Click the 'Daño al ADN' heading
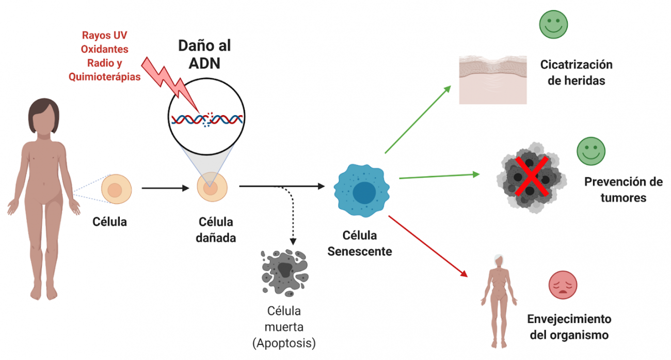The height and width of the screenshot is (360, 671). tap(204, 53)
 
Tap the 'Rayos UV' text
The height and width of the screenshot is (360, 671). tap(104, 36)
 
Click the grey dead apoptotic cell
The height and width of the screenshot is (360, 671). tap(283, 272)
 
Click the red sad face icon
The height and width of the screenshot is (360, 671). tap(563, 285)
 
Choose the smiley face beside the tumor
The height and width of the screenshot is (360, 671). tap(590, 151)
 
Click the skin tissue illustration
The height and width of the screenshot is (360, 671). tap(493, 80)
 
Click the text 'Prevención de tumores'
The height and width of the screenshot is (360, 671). tap(623, 190)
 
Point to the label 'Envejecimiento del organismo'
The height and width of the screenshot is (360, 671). tap(569, 326)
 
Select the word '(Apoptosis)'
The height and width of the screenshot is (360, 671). tap(283, 342)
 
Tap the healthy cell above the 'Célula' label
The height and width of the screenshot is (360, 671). tap(117, 189)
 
